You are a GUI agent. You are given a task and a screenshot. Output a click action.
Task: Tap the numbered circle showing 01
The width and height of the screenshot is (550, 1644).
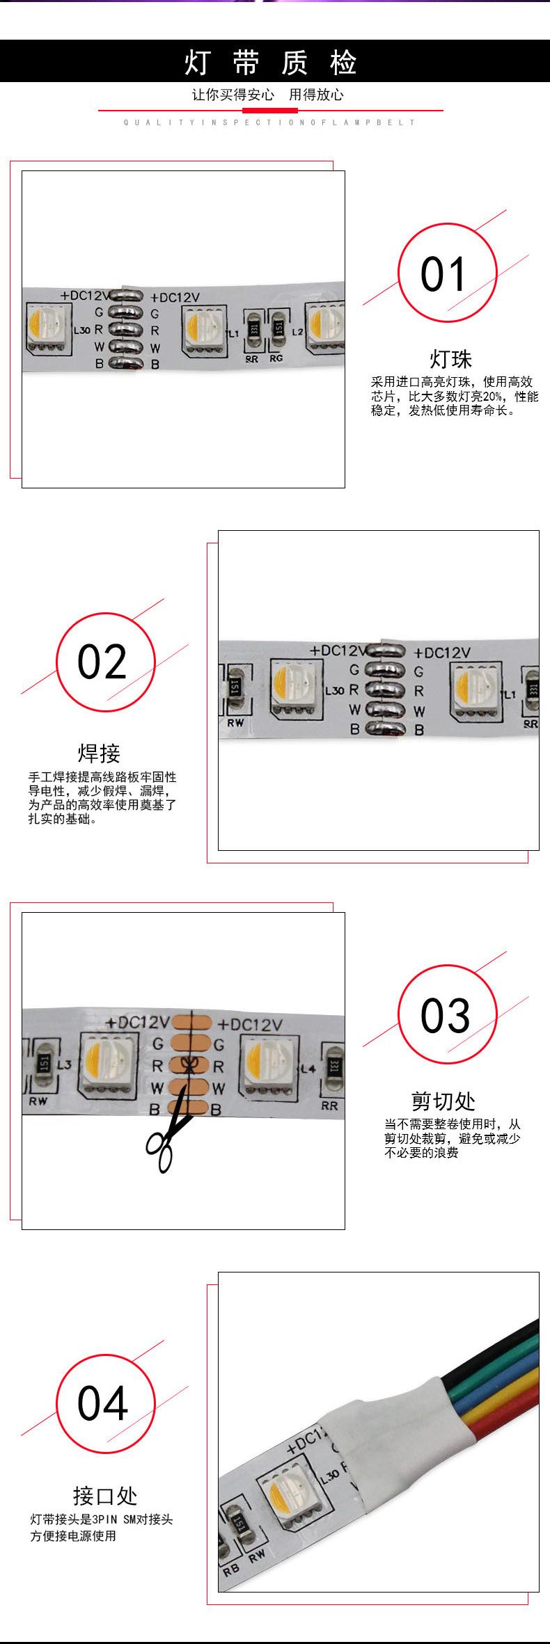[x=446, y=273]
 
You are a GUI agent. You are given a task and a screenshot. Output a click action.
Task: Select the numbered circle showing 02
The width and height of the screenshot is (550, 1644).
[x=104, y=662]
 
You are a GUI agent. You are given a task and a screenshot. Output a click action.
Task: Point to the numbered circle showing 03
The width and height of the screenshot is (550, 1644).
[x=446, y=1015]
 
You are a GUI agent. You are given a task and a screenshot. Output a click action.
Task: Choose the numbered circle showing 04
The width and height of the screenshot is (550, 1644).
[x=104, y=1403]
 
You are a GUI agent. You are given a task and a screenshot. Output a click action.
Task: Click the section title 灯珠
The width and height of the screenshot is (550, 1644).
[x=450, y=360]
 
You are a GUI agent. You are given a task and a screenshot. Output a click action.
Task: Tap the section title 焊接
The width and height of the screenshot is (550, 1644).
[x=99, y=753]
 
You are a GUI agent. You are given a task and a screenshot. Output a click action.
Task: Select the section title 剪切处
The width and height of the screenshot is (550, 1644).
[x=443, y=1101]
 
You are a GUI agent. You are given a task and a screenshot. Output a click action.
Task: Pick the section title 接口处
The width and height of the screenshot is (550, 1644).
[x=104, y=1495]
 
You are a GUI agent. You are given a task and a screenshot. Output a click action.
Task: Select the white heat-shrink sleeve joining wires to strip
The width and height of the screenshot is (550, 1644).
[x=390, y=1426]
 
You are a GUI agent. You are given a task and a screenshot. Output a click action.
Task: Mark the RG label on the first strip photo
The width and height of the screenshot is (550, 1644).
[x=276, y=359]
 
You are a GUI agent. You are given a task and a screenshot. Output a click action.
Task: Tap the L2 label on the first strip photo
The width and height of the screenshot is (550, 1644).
[x=297, y=332]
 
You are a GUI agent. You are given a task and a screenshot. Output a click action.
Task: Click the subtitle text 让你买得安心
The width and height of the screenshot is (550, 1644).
[x=233, y=95]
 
